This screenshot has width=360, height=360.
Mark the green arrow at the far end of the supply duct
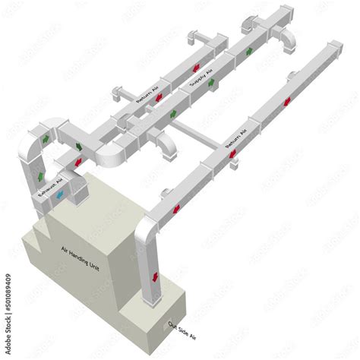[249, 52]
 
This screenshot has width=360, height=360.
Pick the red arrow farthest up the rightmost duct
[286, 102]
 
